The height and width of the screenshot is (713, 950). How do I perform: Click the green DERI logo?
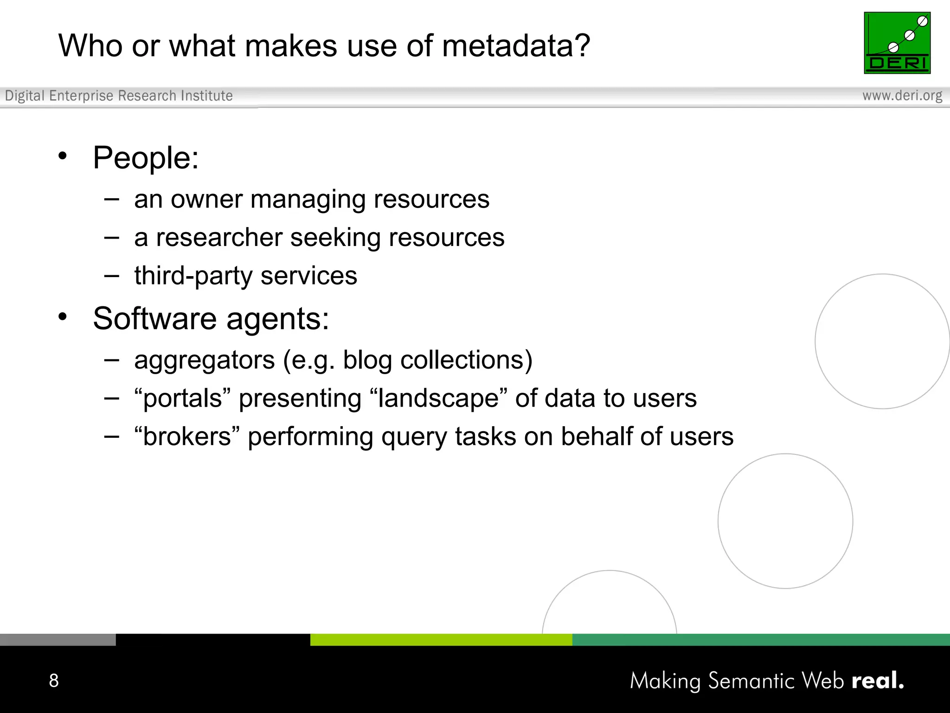(897, 43)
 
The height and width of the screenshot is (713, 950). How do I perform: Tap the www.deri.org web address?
(902, 96)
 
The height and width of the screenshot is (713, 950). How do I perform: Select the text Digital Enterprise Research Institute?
(119, 96)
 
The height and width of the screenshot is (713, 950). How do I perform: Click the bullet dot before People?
(63, 156)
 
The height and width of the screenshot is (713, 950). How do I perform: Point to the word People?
(146, 158)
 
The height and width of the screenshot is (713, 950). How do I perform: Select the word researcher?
(219, 238)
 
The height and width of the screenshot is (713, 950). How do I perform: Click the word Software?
(154, 319)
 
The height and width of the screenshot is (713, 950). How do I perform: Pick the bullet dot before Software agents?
(63, 317)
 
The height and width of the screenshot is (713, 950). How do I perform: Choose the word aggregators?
(205, 361)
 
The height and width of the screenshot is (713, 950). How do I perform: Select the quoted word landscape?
(438, 399)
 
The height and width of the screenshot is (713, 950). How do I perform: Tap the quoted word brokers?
(187, 437)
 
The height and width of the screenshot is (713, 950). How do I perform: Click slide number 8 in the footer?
(54, 681)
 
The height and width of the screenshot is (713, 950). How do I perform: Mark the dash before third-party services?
(112, 276)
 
